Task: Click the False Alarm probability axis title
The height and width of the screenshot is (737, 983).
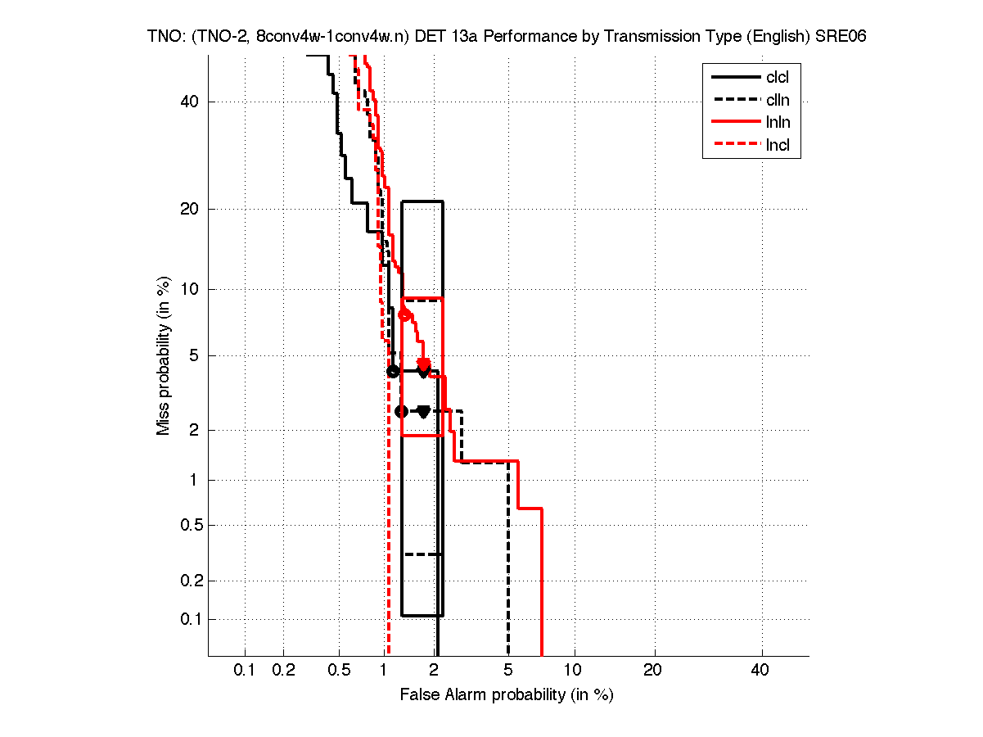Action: pyautogui.click(x=507, y=695)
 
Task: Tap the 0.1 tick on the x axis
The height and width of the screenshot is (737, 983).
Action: pyautogui.click(x=245, y=671)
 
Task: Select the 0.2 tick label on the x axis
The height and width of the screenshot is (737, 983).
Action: pyautogui.click(x=283, y=671)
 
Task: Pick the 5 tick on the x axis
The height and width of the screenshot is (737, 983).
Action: pyautogui.click(x=508, y=671)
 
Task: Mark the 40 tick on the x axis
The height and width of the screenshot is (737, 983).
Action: pyautogui.click(x=761, y=671)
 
